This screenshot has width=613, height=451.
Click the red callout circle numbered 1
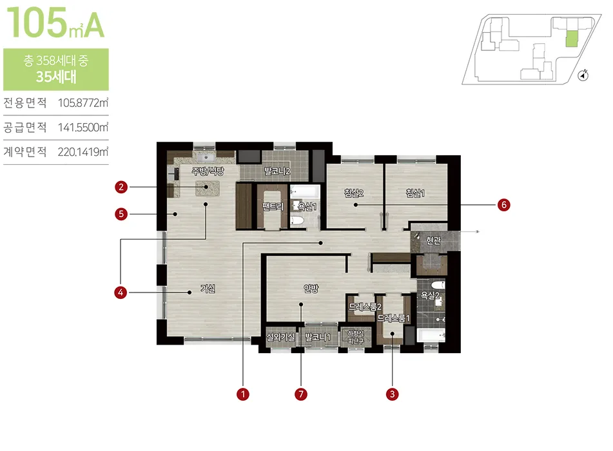point(243,394)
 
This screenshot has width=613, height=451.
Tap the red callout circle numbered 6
point(503,205)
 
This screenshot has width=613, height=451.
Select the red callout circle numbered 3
point(392,394)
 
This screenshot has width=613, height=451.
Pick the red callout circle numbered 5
point(121,214)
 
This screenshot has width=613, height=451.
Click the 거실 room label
point(208,289)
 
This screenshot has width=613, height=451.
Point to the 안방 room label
point(311,289)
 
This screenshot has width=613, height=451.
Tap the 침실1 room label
point(415,193)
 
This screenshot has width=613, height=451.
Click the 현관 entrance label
point(433,240)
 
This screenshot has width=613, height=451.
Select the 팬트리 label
point(273,206)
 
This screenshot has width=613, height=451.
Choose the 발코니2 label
point(277,171)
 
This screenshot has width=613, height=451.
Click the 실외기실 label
point(280,336)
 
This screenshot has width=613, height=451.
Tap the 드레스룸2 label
point(365,307)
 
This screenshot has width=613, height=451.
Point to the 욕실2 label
point(430,295)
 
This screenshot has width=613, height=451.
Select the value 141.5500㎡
point(83,128)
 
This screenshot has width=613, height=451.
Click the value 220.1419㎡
point(83,151)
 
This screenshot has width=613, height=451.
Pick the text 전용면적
point(25,103)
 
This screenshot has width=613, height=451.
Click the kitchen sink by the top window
point(205,157)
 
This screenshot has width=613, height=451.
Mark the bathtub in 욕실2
point(431,335)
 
